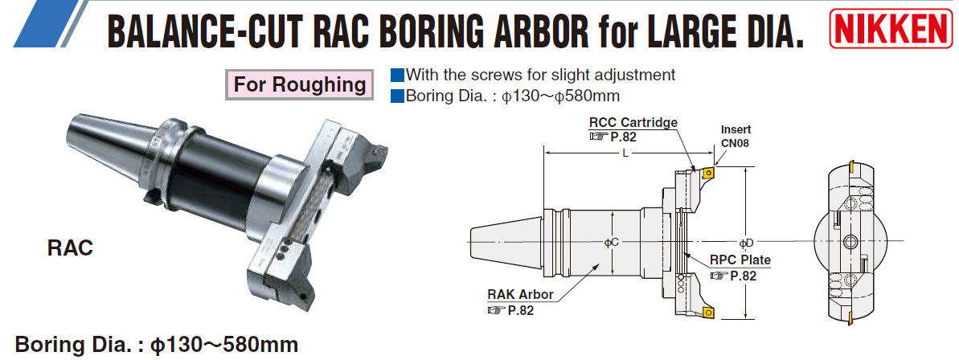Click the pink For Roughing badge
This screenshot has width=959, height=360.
click(300, 84)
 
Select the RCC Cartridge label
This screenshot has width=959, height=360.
click(633, 122)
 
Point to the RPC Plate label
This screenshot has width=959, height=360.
click(740, 260)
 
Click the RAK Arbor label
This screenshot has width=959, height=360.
click(520, 295)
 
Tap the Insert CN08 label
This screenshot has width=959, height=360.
click(735, 136)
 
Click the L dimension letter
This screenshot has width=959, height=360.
click(625, 153)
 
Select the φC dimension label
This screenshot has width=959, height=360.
click(612, 243)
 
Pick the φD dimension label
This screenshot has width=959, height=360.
click(745, 243)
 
